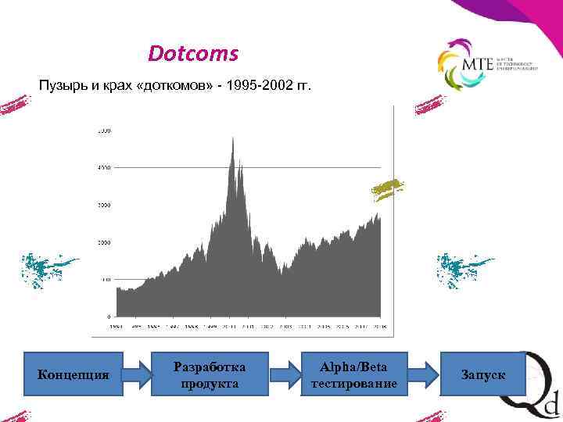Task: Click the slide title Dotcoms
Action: click(193, 55)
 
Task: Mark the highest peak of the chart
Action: click(232, 138)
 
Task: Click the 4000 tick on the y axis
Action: click(103, 167)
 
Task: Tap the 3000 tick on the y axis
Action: click(103, 205)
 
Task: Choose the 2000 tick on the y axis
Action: click(103, 242)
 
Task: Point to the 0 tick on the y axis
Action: click(108, 316)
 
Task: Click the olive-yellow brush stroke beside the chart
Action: click(389, 188)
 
